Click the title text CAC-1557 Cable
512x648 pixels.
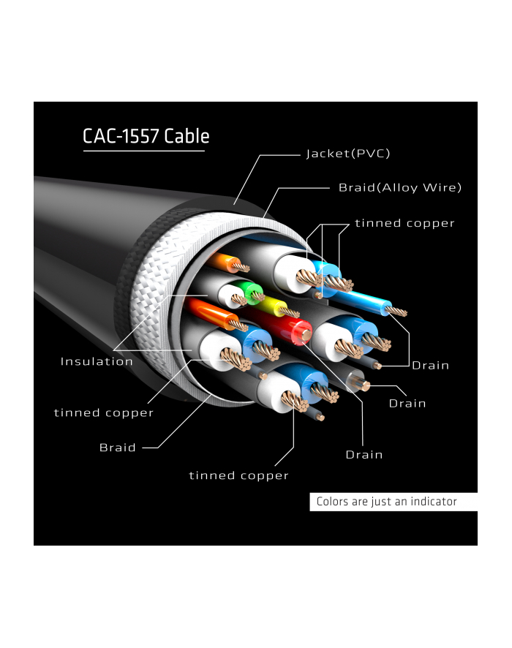point(146,136)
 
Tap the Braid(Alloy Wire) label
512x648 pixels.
point(400,188)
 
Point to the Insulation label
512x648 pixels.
point(97,361)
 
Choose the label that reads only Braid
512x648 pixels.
point(118,448)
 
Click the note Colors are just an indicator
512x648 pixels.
point(386,502)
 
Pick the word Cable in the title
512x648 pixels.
point(187,136)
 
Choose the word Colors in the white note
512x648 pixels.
point(334,502)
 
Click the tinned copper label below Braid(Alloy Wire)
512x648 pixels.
point(404,223)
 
